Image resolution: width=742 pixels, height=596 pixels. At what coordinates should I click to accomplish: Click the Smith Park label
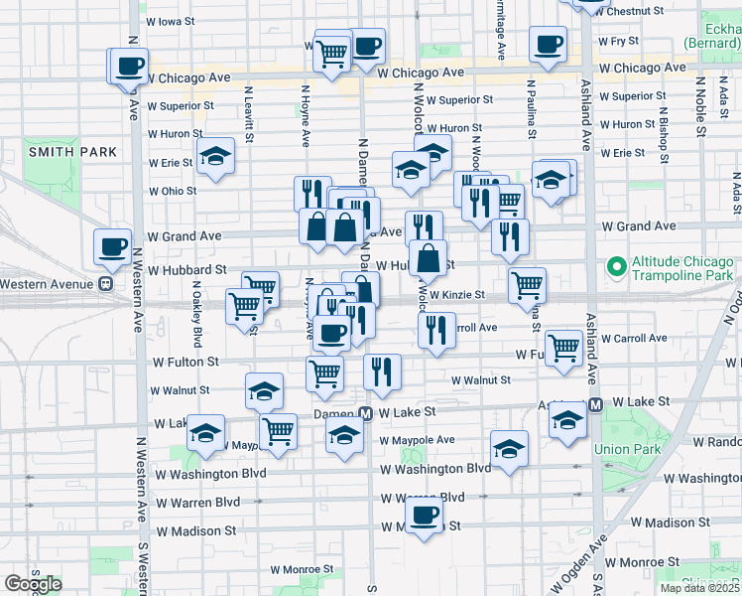click(x=72, y=152)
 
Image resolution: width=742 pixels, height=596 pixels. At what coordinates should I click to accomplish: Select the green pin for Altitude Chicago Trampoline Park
click(x=616, y=266)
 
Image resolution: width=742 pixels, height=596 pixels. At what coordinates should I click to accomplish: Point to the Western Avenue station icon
click(x=103, y=283)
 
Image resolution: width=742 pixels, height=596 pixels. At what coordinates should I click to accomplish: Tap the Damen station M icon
click(x=365, y=412)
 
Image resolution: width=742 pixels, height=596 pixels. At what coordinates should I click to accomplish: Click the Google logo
click(x=33, y=584)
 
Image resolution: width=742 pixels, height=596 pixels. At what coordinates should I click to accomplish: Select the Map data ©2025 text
click(x=699, y=588)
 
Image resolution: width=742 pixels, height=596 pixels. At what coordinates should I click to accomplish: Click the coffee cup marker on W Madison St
click(x=424, y=515)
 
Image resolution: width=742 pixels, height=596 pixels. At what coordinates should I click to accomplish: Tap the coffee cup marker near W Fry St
click(x=548, y=44)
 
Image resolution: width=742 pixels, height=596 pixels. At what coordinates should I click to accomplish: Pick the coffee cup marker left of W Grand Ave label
click(x=112, y=245)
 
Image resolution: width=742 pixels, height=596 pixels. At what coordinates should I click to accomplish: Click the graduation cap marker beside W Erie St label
click(x=214, y=157)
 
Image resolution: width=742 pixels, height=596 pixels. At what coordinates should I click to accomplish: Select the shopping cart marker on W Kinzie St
click(x=527, y=286)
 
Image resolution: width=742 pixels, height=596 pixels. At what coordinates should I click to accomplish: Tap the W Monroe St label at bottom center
click(x=303, y=570)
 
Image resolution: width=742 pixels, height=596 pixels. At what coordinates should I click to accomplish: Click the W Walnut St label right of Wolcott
click(x=480, y=379)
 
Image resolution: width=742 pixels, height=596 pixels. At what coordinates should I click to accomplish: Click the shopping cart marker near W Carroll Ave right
click(x=563, y=347)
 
